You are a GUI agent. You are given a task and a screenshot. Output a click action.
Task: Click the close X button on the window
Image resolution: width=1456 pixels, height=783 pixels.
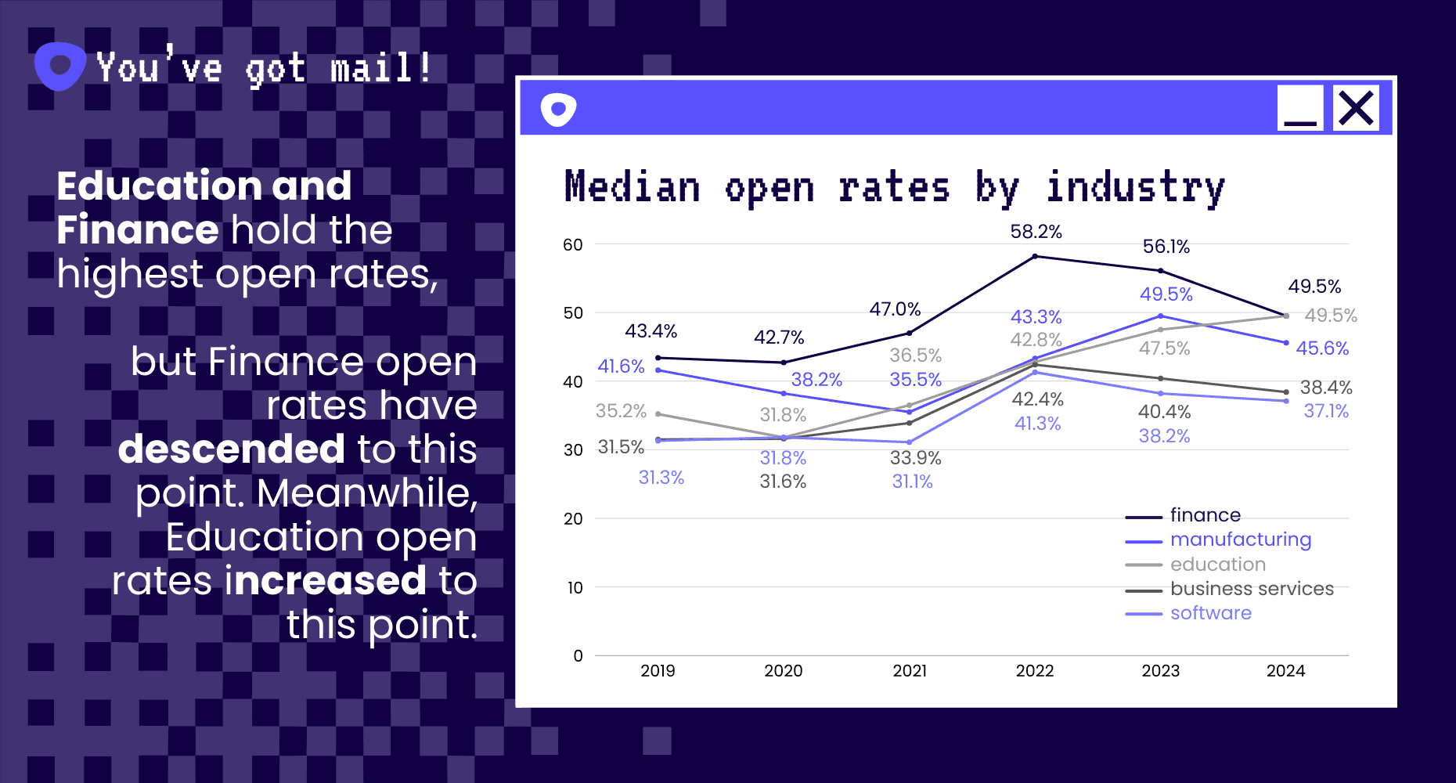[1356, 108]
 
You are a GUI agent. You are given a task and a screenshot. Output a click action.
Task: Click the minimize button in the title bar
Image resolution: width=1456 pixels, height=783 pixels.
[1300, 108]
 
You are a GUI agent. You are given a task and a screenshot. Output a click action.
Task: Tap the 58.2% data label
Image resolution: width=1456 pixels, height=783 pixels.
[1036, 232]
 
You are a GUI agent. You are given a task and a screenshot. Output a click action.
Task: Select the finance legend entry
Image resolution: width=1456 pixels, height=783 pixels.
[1205, 515]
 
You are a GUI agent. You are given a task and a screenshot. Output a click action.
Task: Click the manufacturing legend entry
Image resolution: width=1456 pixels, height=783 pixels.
[1240, 539]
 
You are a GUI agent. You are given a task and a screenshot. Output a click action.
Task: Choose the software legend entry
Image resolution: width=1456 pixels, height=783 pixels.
[1210, 613]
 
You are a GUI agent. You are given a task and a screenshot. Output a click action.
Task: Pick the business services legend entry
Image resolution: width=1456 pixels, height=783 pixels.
[1251, 589]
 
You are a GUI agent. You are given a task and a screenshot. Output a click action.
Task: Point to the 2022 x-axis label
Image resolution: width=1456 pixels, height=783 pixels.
[1035, 671]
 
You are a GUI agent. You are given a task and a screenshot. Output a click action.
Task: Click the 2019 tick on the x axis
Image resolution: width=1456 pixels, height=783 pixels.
[658, 671]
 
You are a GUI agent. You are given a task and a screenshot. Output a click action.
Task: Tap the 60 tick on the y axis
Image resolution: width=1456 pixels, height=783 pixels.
[573, 245]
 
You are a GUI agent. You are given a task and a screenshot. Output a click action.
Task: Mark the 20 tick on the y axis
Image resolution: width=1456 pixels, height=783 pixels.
[573, 519]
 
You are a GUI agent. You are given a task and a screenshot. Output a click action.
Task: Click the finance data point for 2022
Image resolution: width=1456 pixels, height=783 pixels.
[1035, 256]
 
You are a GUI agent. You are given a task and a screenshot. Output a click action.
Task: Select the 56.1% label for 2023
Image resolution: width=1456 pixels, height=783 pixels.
[1166, 247]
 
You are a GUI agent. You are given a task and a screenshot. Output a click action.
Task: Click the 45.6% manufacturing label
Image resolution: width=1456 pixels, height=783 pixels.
[1322, 348]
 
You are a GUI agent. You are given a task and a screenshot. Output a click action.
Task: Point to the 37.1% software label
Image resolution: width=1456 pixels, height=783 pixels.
[1326, 411]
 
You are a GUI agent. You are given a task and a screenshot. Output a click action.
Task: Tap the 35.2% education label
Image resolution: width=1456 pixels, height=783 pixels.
[621, 411]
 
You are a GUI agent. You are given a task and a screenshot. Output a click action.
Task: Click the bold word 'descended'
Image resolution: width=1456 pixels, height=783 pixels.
[232, 449]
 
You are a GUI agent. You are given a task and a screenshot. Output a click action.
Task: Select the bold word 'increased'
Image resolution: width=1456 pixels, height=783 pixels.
[326, 581]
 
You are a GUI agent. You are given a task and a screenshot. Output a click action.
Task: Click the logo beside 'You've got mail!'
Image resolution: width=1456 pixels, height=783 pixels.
[59, 66]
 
